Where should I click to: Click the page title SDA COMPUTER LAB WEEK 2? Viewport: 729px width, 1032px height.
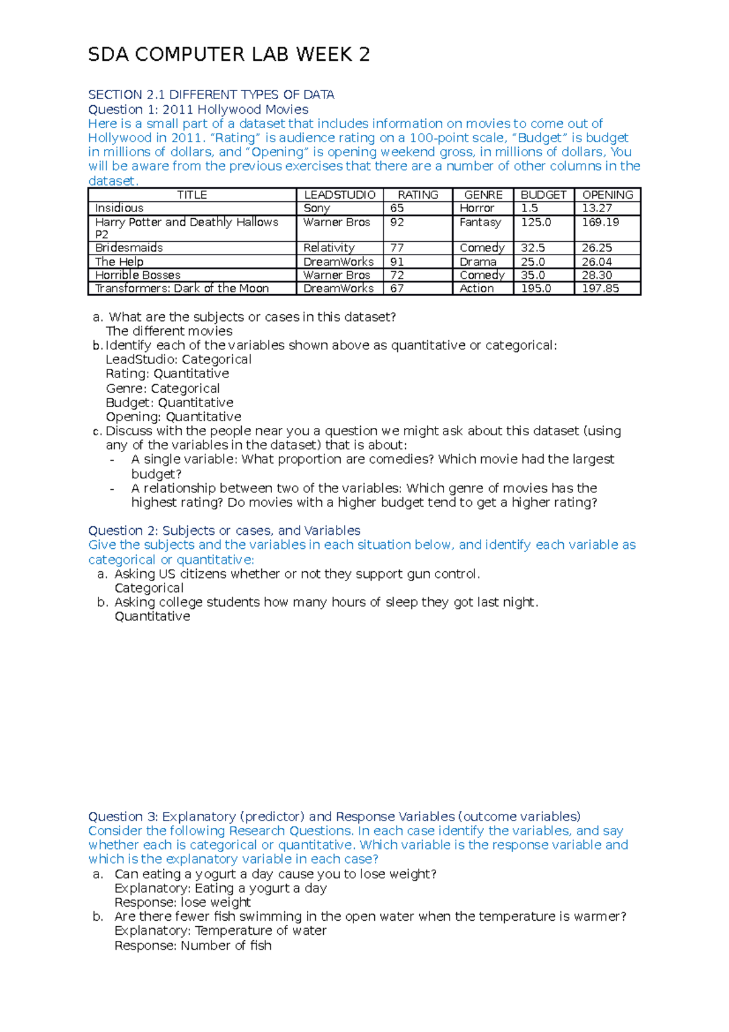(x=228, y=55)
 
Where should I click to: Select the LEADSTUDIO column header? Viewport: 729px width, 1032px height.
(x=340, y=195)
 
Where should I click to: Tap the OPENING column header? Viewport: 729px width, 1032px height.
(x=607, y=195)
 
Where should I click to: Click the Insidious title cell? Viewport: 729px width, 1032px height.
(x=119, y=208)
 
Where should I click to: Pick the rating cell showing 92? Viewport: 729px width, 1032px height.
(x=397, y=222)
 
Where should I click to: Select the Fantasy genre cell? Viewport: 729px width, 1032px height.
(x=480, y=222)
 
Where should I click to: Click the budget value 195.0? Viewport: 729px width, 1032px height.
(x=536, y=289)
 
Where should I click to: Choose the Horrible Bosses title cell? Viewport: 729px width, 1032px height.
(x=138, y=275)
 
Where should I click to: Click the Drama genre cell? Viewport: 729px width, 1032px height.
(x=477, y=262)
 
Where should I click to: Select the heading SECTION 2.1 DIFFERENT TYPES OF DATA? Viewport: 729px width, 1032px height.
(x=211, y=95)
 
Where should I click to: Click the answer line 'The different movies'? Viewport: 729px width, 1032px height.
(x=169, y=331)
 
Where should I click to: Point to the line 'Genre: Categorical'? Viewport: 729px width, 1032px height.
(x=162, y=388)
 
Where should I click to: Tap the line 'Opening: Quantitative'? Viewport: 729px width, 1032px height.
(x=173, y=417)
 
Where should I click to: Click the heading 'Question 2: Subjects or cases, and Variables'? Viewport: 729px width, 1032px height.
(x=224, y=531)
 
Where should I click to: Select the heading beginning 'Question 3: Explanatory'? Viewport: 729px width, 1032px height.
(x=334, y=816)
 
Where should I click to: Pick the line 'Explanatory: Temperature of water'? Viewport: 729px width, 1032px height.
(x=220, y=931)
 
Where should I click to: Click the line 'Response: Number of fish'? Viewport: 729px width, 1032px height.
(x=193, y=946)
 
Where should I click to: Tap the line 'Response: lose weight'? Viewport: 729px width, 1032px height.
(x=182, y=903)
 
